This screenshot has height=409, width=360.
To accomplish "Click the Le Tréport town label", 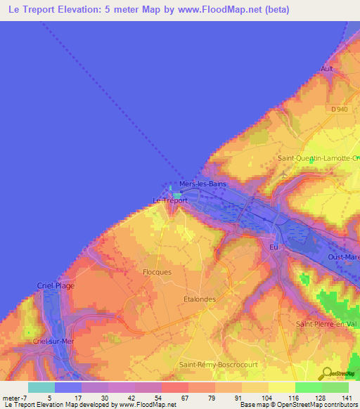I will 170,200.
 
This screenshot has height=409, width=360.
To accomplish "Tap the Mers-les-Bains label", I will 201,184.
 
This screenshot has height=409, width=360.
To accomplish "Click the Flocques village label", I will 157,271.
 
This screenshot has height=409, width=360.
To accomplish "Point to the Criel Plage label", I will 56,285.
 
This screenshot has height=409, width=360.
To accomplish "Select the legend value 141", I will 347,399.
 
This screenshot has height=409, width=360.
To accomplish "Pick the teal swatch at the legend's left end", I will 41,387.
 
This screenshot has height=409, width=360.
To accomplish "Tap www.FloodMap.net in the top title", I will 220,10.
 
